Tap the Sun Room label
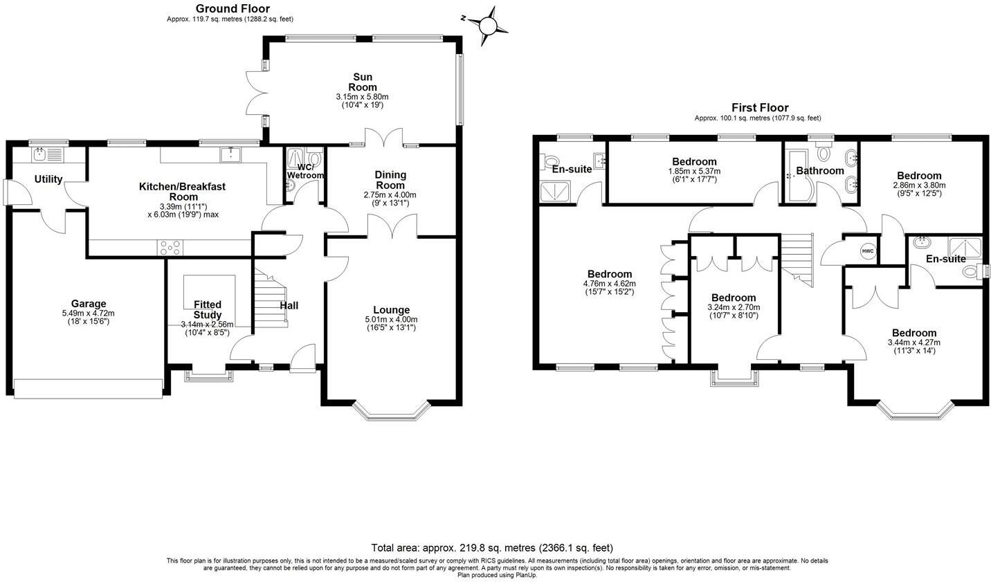tap(362, 82)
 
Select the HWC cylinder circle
tap(868, 251)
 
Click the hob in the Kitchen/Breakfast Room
tap(170, 245)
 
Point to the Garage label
tap(89, 303)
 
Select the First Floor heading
tap(759, 108)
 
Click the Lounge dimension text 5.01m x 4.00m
tap(391, 320)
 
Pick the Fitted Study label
tap(207, 309)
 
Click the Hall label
tap(289, 305)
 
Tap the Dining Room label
tap(390, 180)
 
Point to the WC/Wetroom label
tap(305, 171)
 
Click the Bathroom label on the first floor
tap(819, 170)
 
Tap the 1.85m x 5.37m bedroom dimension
tap(693, 171)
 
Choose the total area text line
tap(491, 547)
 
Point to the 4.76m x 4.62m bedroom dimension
tap(609, 283)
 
